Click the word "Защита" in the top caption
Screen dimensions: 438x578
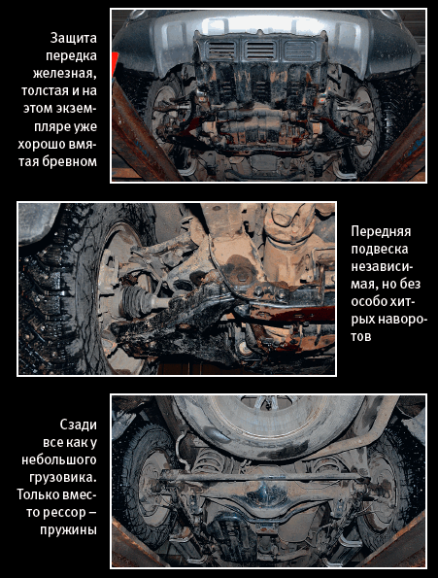coord(73,38)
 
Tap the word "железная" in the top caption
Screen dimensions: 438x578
coord(64,74)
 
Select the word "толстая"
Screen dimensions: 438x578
coord(45,90)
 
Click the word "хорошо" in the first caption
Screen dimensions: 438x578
coord(41,144)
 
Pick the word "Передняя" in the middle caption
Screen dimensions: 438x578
coord(381,232)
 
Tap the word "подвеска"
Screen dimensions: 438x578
coord(380,250)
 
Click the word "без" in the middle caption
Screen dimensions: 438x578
coord(411,285)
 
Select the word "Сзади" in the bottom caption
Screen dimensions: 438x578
coord(78,425)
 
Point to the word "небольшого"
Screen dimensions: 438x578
coord(59,460)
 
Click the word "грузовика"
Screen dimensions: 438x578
coord(62,478)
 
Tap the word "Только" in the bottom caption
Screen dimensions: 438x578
coord(38,495)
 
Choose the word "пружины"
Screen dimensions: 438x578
coord(68,530)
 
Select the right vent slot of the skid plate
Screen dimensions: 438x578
coord(300,51)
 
